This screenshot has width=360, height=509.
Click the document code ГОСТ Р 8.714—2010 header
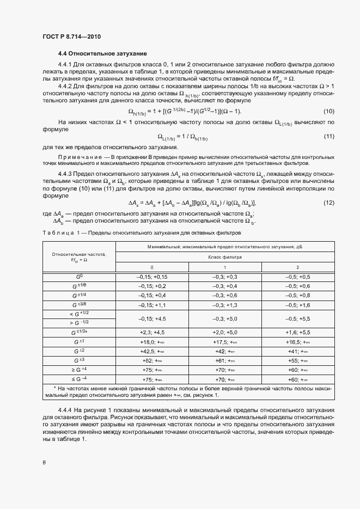(71, 37)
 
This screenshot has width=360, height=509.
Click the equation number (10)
(328, 112)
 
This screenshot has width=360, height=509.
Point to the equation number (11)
(328, 136)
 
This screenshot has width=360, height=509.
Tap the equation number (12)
(328, 203)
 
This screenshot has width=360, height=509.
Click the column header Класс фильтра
(224, 256)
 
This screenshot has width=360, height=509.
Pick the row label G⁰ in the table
(78, 277)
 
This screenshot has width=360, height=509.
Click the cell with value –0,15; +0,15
(152, 277)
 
